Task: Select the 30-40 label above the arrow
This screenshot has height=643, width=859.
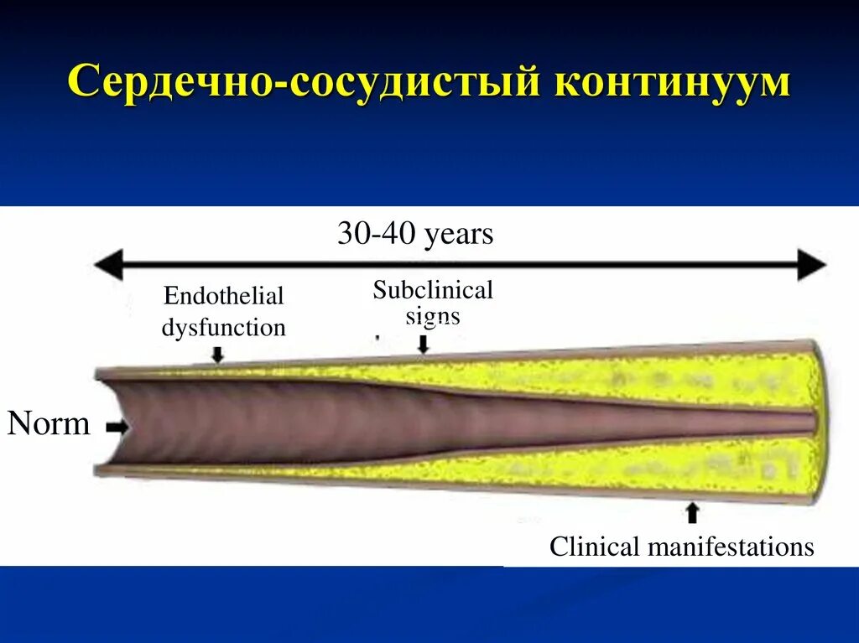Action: (377, 234)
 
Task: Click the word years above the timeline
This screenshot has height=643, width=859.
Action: (459, 235)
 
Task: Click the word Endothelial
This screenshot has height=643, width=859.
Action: (224, 296)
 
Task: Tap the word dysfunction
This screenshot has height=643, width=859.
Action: (224, 327)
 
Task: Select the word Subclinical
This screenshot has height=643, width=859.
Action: (433, 290)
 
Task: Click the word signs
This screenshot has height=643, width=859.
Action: (433, 316)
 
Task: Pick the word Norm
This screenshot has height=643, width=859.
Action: (49, 423)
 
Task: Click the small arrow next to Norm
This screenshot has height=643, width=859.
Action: (117, 428)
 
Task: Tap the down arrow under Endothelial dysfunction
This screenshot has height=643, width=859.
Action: (217, 355)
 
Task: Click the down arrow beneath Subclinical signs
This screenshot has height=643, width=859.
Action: (424, 344)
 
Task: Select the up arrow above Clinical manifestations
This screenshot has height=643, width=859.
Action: (692, 511)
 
